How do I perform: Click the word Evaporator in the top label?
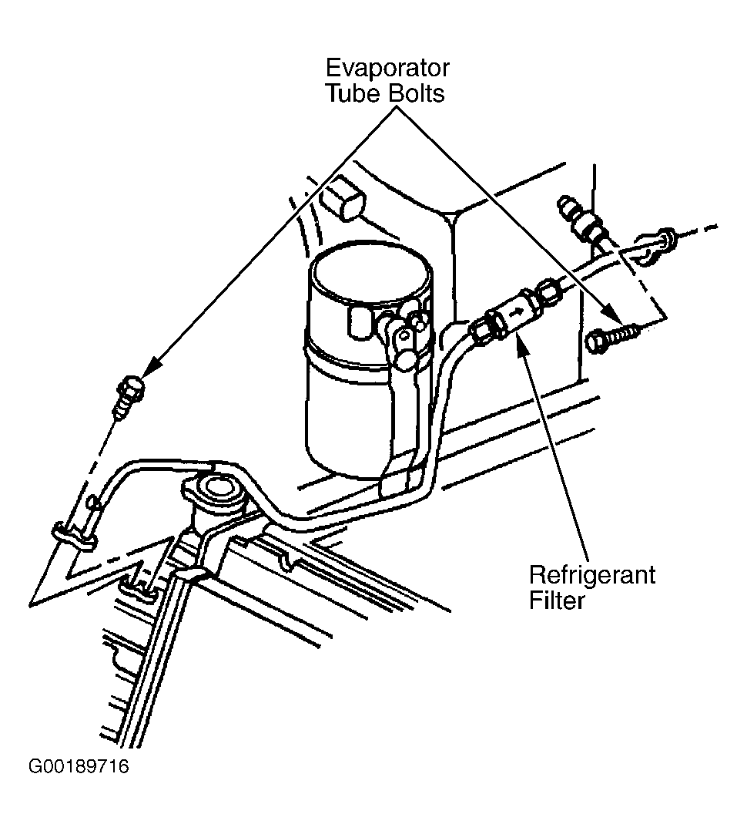(387, 69)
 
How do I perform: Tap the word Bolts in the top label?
(416, 93)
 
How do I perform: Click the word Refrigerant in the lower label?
(592, 576)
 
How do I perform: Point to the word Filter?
(557, 601)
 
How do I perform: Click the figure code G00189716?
(79, 766)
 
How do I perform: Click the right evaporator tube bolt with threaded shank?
(612, 337)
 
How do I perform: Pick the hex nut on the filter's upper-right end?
(548, 291)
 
